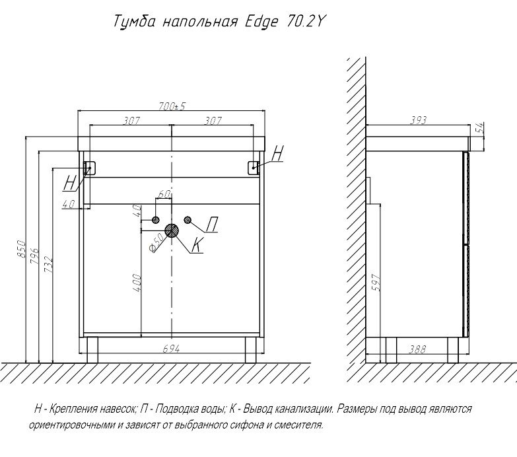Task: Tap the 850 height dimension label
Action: click(x=20, y=249)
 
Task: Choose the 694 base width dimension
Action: click(x=172, y=347)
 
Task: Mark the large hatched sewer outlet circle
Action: click(x=172, y=230)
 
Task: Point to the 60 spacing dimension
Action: click(x=164, y=195)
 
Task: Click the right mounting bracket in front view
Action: click(x=254, y=168)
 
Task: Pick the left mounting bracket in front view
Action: click(x=90, y=168)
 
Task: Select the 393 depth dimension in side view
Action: click(x=418, y=120)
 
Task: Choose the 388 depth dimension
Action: click(x=417, y=349)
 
